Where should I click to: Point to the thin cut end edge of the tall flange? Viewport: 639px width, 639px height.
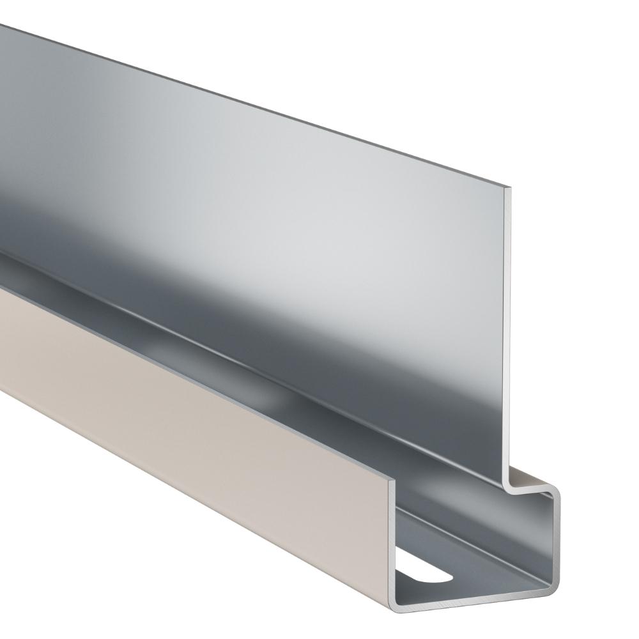click(511, 332)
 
